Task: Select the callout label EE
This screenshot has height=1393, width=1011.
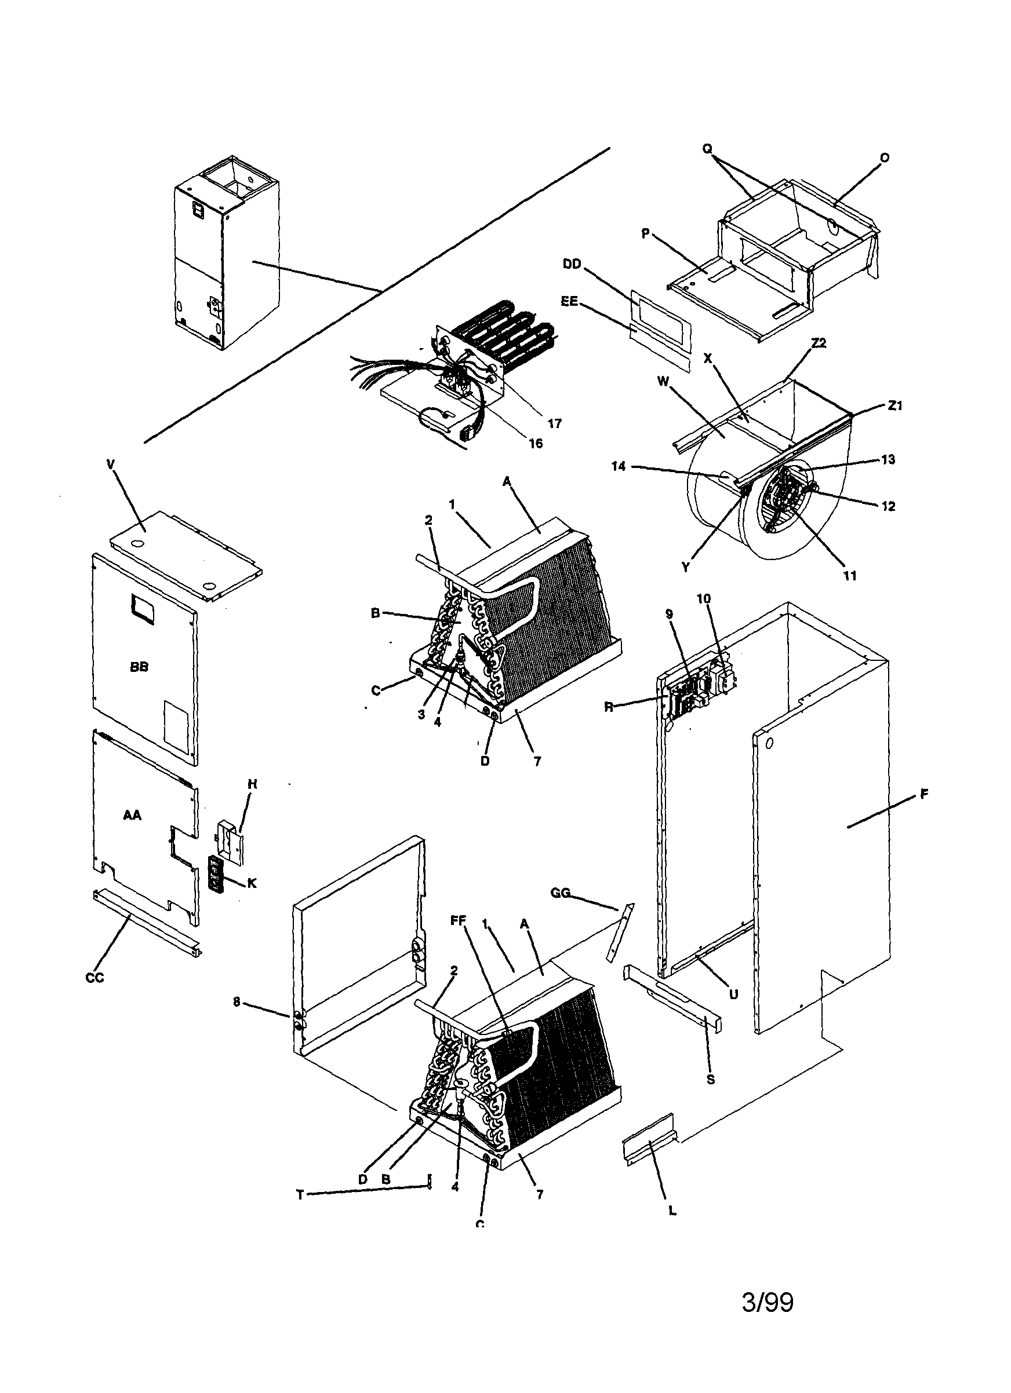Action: pos(569,302)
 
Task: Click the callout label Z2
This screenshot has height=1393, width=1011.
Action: pos(819,343)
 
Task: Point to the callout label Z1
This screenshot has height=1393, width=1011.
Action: pos(895,405)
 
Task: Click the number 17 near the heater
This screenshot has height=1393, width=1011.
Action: pos(554,423)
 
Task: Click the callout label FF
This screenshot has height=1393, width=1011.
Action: pos(459,937)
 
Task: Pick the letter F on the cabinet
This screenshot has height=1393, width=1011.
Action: pos(923,795)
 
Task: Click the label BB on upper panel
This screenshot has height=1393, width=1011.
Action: pos(140,667)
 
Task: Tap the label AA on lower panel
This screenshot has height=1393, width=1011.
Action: pos(132,815)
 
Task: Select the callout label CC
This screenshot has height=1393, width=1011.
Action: pos(94,978)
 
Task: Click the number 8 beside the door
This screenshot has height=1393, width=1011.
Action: pos(237,1002)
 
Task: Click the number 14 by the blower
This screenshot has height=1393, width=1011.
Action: pos(619,466)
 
